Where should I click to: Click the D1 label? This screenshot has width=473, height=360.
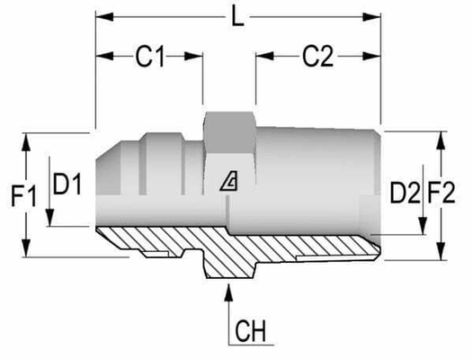click(67, 186)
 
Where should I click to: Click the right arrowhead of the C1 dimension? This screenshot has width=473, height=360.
click(199, 57)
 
